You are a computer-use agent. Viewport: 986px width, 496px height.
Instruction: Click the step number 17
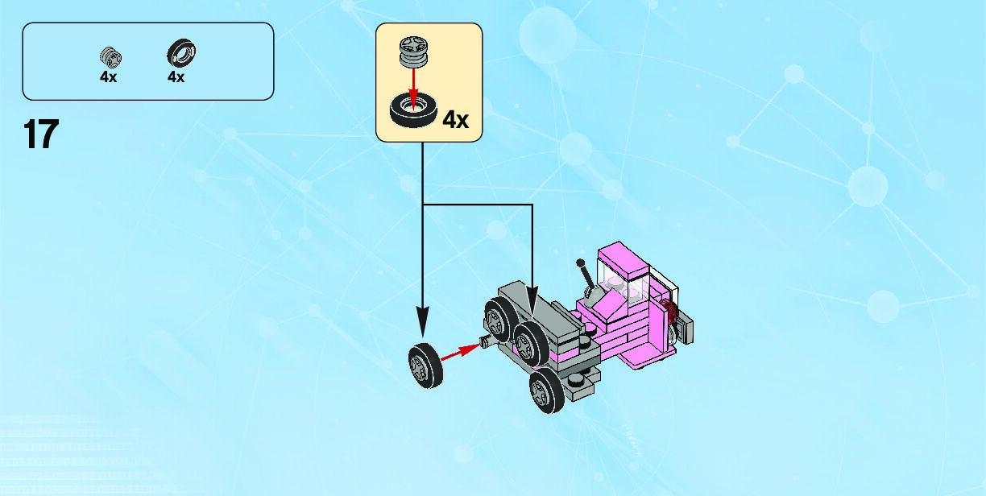[41, 134]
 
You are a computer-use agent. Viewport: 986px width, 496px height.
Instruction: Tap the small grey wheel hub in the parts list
[109, 56]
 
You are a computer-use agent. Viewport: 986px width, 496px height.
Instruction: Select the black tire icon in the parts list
[181, 54]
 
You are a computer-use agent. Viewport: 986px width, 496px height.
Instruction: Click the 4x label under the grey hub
[109, 77]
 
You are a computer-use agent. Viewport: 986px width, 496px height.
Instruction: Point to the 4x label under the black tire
[176, 77]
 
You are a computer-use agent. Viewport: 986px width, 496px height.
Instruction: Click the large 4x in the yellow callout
[455, 120]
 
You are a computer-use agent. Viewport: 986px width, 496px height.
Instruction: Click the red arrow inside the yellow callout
[413, 88]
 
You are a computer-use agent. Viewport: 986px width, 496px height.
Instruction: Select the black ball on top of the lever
[581, 263]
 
